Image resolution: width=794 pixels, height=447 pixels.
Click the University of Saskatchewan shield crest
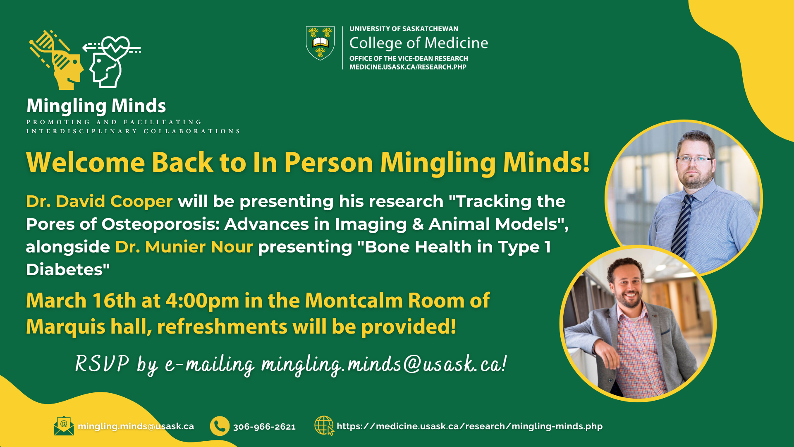click(x=320, y=43)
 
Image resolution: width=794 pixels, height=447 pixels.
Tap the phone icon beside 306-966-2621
click(x=220, y=426)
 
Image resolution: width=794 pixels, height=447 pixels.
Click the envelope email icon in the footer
click(x=64, y=426)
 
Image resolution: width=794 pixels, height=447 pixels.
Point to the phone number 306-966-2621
click(x=264, y=427)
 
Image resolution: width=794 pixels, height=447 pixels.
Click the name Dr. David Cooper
click(x=99, y=202)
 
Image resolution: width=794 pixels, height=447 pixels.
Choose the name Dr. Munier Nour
click(x=184, y=247)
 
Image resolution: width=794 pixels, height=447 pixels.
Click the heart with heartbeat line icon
click(x=116, y=48)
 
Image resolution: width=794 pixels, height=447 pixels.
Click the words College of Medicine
click(x=419, y=43)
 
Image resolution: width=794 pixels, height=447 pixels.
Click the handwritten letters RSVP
click(x=102, y=364)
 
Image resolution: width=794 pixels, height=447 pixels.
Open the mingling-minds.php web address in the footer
click(x=469, y=426)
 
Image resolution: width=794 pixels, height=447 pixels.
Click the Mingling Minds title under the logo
click(x=96, y=106)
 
